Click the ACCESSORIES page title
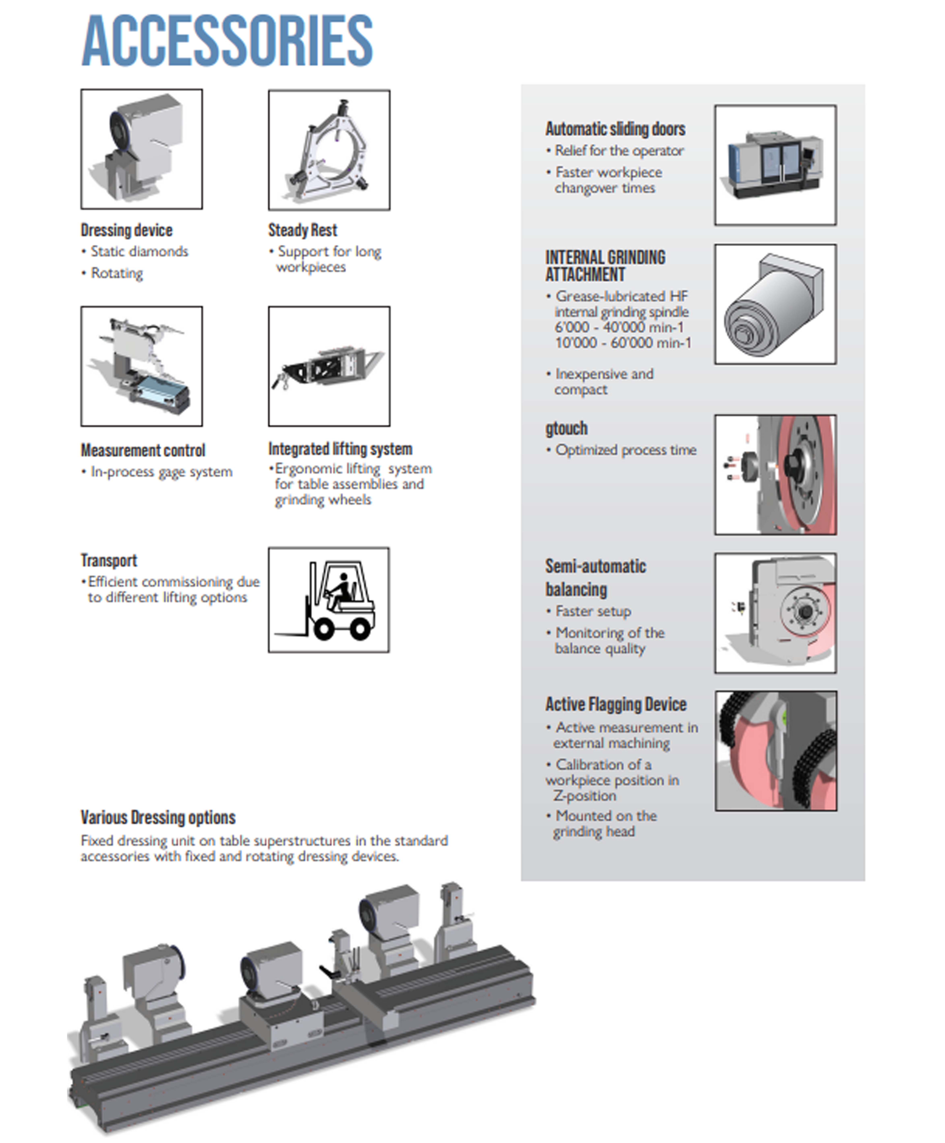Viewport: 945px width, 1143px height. click(227, 41)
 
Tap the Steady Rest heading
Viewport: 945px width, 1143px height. click(303, 230)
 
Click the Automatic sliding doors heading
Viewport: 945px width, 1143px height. click(615, 129)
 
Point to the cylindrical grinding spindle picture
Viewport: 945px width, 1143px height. click(775, 304)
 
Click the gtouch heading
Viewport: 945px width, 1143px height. click(566, 428)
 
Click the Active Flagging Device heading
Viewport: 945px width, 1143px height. click(616, 704)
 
